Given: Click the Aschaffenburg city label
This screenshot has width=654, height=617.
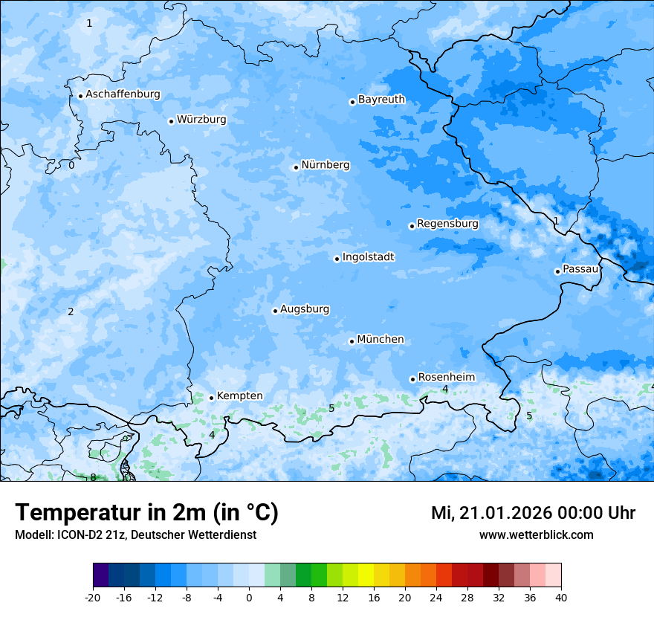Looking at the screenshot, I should [x=123, y=94].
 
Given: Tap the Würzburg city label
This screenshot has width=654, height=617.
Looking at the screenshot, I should [x=201, y=120].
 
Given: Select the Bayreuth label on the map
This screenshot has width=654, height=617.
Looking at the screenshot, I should [x=381, y=100].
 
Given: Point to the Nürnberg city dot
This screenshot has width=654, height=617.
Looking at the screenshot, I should [x=296, y=167].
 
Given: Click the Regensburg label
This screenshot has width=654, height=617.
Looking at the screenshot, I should [x=447, y=224].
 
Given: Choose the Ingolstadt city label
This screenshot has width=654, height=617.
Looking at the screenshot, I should [x=368, y=257].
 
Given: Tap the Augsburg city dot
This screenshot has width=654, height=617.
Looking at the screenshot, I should [x=275, y=311].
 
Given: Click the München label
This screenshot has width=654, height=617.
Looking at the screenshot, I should [x=381, y=340].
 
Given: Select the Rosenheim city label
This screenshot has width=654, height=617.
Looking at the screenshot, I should [x=446, y=378].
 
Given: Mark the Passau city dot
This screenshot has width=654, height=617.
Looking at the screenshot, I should [x=557, y=271].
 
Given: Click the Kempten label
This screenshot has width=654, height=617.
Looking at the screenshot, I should [x=239, y=396].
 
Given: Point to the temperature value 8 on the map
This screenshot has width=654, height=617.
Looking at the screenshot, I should [x=93, y=477].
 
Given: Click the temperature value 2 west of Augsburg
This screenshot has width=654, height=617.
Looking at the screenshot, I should [x=71, y=311].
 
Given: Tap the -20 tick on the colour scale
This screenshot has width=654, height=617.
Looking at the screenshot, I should [x=93, y=598].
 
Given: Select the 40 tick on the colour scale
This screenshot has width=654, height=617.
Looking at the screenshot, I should [x=560, y=598].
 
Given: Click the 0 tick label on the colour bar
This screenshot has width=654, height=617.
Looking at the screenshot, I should [x=249, y=598].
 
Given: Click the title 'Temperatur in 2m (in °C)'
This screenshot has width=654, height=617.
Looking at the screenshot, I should [x=146, y=512].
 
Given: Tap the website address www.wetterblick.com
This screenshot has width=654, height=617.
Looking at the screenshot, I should [x=536, y=534].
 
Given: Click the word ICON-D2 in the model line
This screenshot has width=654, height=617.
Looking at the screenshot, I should [x=76, y=534].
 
